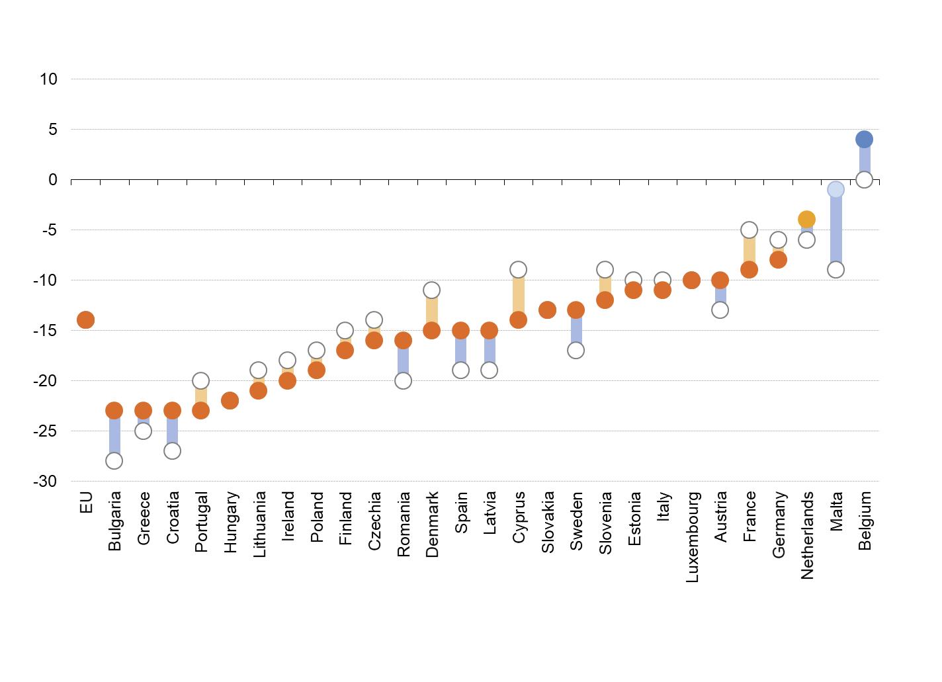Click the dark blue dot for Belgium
tap(864, 139)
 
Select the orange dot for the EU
tap(85, 320)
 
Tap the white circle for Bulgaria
tap(114, 460)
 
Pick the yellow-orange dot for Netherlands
tap(806, 219)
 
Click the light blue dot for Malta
tap(835, 190)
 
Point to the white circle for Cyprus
tap(518, 270)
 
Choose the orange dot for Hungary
tap(230, 400)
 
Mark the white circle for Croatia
tap(172, 450)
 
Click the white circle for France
tap(749, 230)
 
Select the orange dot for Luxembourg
tap(691, 280)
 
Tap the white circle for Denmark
tap(431, 290)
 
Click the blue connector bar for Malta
tap(835, 230)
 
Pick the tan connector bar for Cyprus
tap(518, 295)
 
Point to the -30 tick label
tap(45, 481)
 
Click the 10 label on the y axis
tap(48, 79)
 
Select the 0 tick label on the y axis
tap(53, 179)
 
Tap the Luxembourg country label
tap(692, 536)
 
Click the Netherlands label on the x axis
tap(807, 535)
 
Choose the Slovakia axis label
tap(548, 522)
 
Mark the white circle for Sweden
tap(576, 350)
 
